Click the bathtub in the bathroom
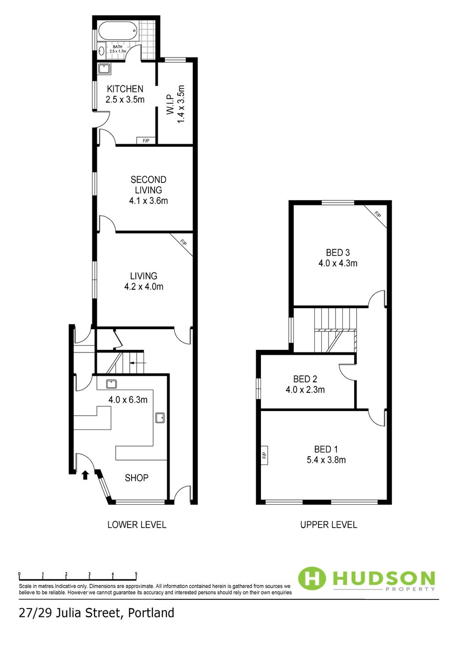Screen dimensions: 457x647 coord(118,30)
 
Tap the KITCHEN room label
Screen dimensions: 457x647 coord(125,89)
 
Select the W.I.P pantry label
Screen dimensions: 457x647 coord(170,104)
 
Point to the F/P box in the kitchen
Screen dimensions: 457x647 coord(146,141)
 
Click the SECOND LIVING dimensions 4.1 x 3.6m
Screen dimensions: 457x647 coord(149,200)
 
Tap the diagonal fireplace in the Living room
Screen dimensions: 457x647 coord(182,244)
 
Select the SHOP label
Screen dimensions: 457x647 coord(137,478)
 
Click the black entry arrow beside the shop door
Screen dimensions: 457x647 coord(85,475)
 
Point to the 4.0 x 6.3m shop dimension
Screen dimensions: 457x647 coord(128,400)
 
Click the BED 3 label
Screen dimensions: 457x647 coord(338,252)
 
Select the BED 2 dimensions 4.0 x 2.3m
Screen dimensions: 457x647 coord(305,390)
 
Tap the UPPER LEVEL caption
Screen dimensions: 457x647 coord(329,524)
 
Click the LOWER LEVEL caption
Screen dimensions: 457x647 coord(137,524)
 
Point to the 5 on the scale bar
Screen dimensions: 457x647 coord(136,574)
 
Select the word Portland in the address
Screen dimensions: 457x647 coord(151,613)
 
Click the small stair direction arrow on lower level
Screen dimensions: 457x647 coord(138,363)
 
